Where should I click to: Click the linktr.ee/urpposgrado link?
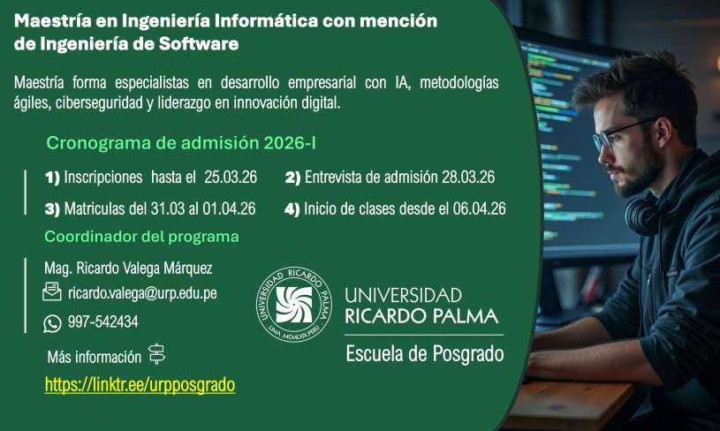(140, 385)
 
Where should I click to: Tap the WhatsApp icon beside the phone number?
(52, 323)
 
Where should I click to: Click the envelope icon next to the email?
(52, 291)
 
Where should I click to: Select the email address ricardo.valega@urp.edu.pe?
(142, 293)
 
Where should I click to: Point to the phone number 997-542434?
(102, 321)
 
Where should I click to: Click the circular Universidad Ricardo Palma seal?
(294, 305)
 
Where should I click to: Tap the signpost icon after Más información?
(156, 354)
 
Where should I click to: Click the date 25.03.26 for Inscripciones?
(231, 178)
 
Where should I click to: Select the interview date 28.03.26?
(468, 178)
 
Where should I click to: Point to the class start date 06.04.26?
(480, 208)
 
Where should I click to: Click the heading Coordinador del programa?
(141, 237)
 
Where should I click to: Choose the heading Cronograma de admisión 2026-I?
(181, 143)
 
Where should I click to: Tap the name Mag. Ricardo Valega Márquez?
(128, 268)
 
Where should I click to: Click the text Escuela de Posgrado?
(425, 354)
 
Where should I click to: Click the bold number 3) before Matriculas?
(52, 209)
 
